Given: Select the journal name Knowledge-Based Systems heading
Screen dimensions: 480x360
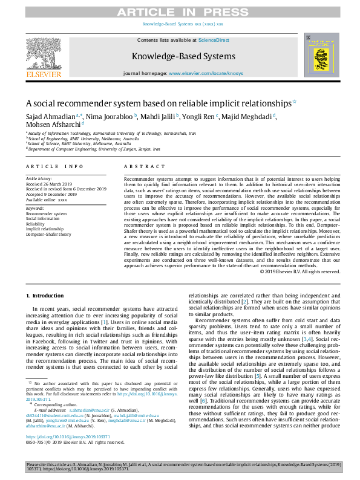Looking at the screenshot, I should [x=179, y=56].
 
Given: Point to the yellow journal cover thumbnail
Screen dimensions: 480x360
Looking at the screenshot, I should [x=319, y=56].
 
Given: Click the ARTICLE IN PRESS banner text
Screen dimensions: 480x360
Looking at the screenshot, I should [x=180, y=11].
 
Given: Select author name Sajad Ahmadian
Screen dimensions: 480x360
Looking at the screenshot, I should [x=50, y=115].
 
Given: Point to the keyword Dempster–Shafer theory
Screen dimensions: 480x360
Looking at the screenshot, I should [x=48, y=234].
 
